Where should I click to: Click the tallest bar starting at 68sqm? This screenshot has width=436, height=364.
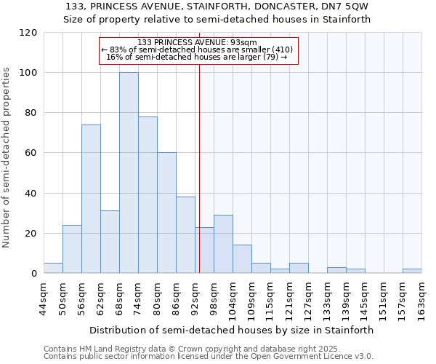coord(129,173)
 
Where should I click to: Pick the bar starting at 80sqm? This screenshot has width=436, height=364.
coord(166,213)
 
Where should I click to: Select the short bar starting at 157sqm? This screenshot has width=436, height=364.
coord(412,271)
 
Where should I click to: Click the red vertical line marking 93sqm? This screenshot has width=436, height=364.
coord(199,182)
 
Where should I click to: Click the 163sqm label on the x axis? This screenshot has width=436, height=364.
coord(421,299)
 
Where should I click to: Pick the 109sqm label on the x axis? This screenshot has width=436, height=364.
coord(251,299)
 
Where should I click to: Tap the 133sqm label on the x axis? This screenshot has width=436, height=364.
coord(327,299)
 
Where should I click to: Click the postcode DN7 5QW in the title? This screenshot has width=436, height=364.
coord(347,7)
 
